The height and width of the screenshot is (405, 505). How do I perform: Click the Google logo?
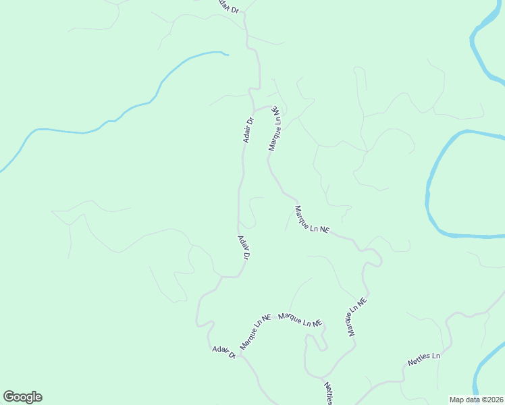click(x=23, y=397)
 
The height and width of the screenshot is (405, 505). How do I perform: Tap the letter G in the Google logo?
click(x=9, y=397)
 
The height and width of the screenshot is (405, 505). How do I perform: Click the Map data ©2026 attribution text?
click(x=475, y=399)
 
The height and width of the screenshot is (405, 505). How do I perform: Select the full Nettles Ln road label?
click(x=424, y=359)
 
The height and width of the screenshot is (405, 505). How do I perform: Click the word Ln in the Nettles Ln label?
click(x=435, y=355)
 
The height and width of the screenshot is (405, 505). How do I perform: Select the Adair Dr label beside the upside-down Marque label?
click(x=248, y=130)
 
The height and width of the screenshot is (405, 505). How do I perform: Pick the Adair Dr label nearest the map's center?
click(x=244, y=247)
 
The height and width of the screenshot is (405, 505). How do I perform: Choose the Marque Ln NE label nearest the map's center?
click(x=311, y=220)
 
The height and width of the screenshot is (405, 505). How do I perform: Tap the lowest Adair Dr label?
click(x=223, y=352)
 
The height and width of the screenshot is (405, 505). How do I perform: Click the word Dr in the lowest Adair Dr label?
click(x=232, y=355)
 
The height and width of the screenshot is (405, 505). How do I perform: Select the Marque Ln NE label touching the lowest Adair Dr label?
click(x=255, y=331)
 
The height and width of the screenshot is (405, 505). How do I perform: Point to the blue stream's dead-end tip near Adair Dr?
click(x=228, y=55)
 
